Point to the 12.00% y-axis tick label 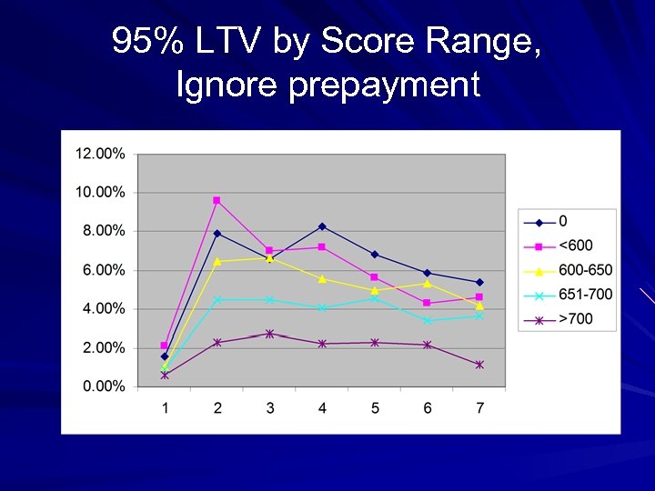pos(100,154)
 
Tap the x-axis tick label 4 pos(322,408)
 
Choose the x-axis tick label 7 pos(479,408)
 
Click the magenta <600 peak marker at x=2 pos(217,200)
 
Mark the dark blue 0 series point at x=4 pos(322,226)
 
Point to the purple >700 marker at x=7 pos(479,365)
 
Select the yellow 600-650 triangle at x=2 pos(217,261)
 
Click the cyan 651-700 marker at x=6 pos(428,320)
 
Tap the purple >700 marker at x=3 pos(269,334)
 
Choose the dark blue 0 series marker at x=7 pos(479,282)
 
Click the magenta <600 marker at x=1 pos(165,346)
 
